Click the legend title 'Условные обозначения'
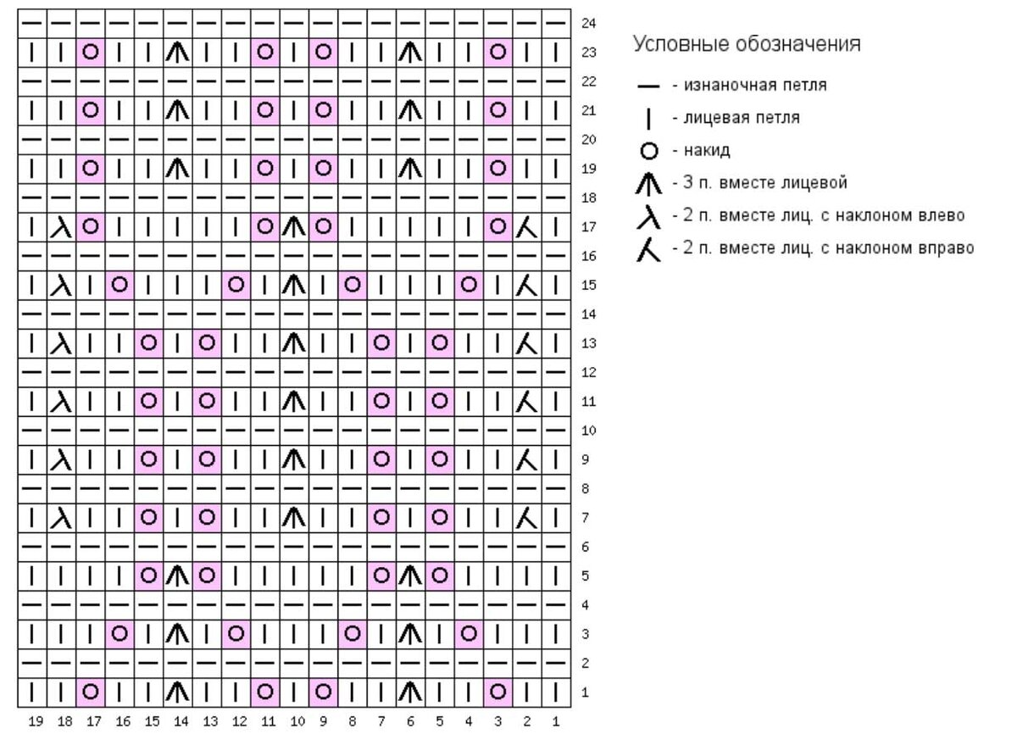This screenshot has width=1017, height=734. coord(747,44)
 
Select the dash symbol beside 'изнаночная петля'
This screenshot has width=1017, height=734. coord(648,86)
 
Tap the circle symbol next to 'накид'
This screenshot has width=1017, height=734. coord(649,151)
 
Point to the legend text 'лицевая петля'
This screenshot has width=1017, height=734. coord(742,118)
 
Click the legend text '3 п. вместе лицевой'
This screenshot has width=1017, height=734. coord(765,182)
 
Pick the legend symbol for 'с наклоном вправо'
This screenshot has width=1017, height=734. coord(649,249)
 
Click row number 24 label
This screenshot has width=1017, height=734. coord(588,23)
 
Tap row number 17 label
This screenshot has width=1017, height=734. coord(588,227)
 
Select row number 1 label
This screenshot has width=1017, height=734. coord(586,692)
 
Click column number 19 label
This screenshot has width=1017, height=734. coord(36,721)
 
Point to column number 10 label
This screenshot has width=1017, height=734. coord(297,721)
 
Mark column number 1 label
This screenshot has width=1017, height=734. coord(556,721)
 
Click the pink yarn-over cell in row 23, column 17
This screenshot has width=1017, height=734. coord(91,53)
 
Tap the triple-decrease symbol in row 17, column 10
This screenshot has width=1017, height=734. coord(294,227)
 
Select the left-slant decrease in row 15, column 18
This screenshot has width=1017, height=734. coord(61,285)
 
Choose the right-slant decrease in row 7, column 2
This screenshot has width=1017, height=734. coord(526,518)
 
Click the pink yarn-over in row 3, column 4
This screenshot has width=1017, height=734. coord(469,634)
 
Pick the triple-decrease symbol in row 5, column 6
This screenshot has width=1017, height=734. coord(410,576)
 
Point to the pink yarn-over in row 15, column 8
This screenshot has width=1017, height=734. coord(353,285)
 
